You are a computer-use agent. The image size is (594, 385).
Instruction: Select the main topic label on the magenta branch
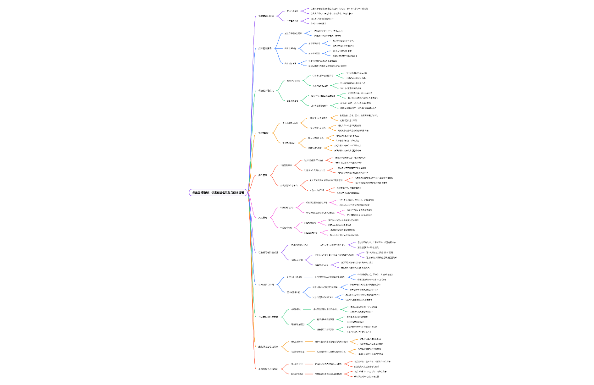(263, 217)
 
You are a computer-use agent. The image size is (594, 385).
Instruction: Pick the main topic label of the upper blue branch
(265, 48)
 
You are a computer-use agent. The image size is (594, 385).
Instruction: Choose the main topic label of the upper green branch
(266, 90)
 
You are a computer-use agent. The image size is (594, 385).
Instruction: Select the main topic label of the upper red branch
(263, 175)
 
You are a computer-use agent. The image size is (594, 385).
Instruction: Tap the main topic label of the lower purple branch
(268, 253)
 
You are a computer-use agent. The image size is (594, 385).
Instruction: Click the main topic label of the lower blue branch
(266, 285)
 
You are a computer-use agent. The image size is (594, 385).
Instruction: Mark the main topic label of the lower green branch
(268, 317)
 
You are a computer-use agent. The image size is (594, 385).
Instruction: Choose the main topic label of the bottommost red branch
(268, 368)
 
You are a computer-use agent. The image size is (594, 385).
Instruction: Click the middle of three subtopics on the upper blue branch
(290, 48)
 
